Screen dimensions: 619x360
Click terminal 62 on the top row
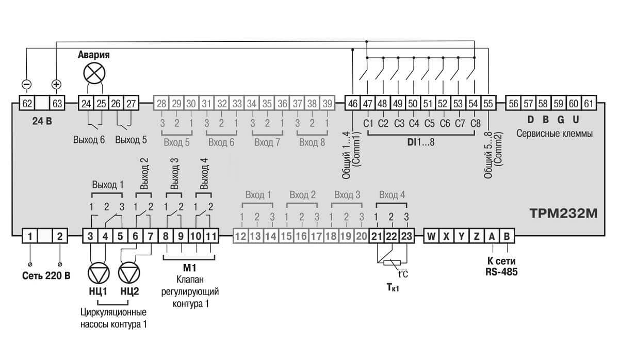coord(27,103)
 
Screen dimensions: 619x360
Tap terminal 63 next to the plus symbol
coord(57,103)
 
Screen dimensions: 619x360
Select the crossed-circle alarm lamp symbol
coord(94,73)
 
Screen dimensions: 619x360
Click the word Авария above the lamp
coord(94,55)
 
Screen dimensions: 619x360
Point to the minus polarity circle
coord(26,84)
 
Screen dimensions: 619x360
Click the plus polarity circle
coord(56,84)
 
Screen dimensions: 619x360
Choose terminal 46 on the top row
coord(353,103)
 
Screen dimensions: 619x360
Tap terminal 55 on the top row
coord(488,103)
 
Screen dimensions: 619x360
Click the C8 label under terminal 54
coord(475,123)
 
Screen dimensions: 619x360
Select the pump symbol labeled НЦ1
coord(99,273)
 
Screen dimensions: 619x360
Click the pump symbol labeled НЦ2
coord(129,273)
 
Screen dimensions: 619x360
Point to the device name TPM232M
coord(563,214)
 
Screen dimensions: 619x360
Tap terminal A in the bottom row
coord(492,236)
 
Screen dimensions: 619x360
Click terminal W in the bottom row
coord(431,236)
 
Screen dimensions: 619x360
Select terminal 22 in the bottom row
coord(392,236)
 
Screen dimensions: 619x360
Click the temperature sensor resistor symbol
coord(392,263)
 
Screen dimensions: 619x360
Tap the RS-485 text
coord(501,272)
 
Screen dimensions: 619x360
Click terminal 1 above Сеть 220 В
coord(30,236)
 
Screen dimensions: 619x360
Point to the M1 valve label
coord(190,268)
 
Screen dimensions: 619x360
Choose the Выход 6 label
coord(89,140)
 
